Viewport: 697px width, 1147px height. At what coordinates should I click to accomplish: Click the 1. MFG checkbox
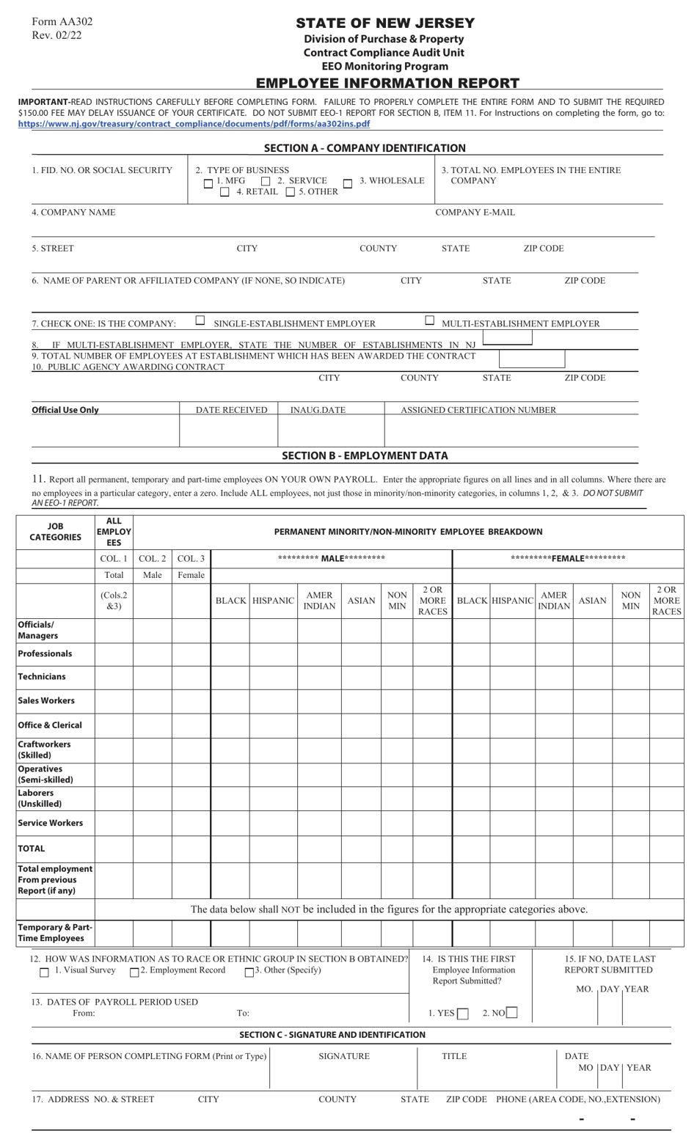pyautogui.click(x=209, y=183)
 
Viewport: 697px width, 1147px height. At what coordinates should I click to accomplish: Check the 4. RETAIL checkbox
pyautogui.click(x=225, y=192)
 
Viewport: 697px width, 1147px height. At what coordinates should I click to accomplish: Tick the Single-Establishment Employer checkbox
pyautogui.click(x=200, y=320)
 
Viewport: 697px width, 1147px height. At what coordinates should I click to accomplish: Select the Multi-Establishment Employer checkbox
pyautogui.click(x=430, y=320)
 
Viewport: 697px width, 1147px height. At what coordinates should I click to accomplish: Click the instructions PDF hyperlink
pyautogui.click(x=194, y=124)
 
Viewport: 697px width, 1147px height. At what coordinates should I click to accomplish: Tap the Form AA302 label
pyautogui.click(x=62, y=22)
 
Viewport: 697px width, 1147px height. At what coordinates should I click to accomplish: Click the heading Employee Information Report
pyautogui.click(x=387, y=83)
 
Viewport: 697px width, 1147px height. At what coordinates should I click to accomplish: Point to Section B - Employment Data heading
pyautogui.click(x=365, y=455)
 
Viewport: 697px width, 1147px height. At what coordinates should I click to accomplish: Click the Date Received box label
pyautogui.click(x=231, y=410)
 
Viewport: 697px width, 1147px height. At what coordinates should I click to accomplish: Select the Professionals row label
pyautogui.click(x=45, y=653)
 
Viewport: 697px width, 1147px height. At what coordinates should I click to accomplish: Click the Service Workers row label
pyautogui.click(x=51, y=823)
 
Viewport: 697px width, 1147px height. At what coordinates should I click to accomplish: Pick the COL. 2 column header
pyautogui.click(x=153, y=559)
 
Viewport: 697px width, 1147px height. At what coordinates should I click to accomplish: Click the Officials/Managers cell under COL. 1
pyautogui.click(x=114, y=630)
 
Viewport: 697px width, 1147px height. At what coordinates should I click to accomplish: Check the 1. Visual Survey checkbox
pyautogui.click(x=44, y=972)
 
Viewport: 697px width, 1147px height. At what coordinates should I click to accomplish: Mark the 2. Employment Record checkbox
pyautogui.click(x=134, y=972)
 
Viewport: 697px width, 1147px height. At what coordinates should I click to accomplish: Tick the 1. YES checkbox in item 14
pyautogui.click(x=463, y=1014)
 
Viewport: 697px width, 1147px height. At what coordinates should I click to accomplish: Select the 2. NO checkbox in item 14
pyautogui.click(x=512, y=1014)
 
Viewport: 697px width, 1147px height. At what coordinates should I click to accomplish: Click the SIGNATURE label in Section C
pyautogui.click(x=344, y=1056)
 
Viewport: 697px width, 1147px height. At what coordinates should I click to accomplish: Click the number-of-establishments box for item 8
pyautogui.click(x=507, y=338)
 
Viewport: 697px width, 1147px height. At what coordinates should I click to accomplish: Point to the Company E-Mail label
pyautogui.click(x=475, y=213)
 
